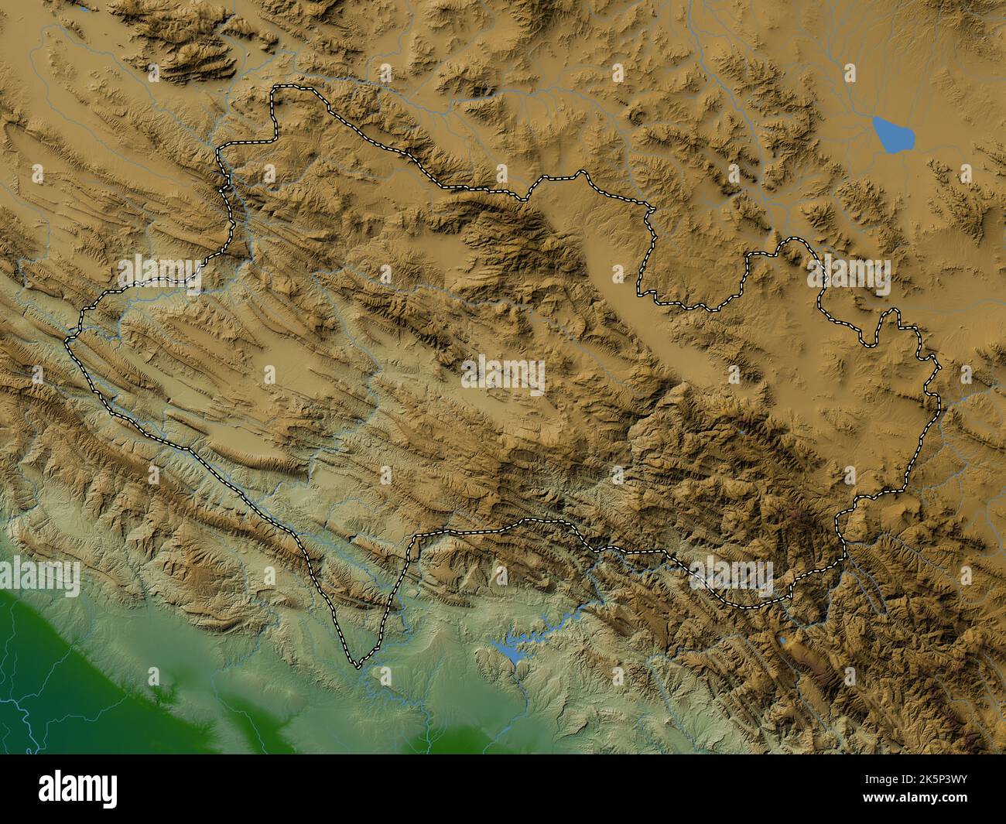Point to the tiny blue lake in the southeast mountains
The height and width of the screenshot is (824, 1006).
tap(784, 641)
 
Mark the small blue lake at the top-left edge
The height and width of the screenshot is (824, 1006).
tap(80, 9)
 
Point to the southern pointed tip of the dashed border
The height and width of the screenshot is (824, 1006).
tap(357, 665)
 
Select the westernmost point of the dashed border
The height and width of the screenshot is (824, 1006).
tap(67, 339)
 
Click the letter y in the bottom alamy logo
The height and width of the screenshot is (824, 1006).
tap(110, 792)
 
